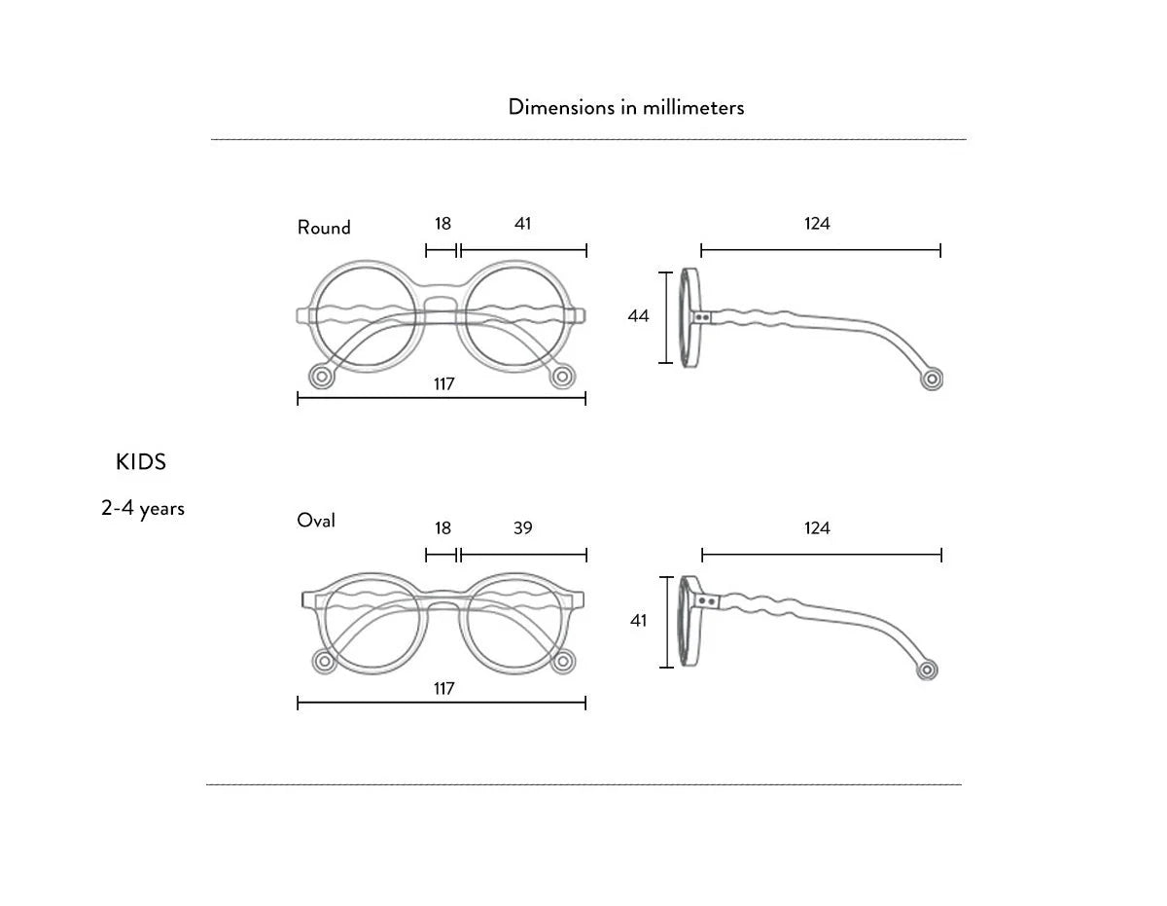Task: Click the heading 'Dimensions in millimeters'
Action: coord(625,107)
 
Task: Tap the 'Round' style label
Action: coord(324,228)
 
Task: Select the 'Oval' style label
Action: coord(316,521)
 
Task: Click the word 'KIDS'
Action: coord(141,462)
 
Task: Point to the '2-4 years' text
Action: coord(143,508)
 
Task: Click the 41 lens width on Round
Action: coord(523,224)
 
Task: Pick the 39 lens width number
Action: coord(523,528)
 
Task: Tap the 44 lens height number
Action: coord(638,316)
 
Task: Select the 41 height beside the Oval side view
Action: coord(638,620)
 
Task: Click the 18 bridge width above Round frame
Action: coord(442,224)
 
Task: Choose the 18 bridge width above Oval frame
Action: coord(442,528)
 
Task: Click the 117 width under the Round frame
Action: coord(443,384)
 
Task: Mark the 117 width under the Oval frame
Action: coord(443,689)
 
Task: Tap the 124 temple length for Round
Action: coord(817,224)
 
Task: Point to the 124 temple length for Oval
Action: coord(817,528)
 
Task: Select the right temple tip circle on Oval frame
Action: coord(562,662)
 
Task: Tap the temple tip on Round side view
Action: coord(933,379)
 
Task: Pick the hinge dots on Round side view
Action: coord(704,316)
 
